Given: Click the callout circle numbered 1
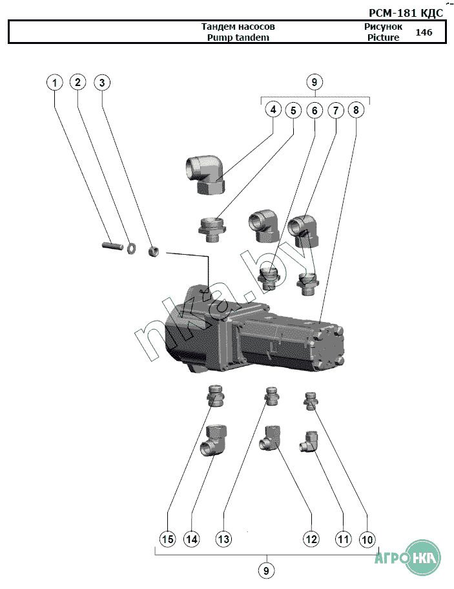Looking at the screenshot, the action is click(55, 83).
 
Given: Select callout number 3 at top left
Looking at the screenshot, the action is click(102, 83).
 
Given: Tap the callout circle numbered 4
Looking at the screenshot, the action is click(273, 110).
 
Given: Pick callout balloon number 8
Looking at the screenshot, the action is click(356, 110).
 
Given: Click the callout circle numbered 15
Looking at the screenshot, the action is click(168, 539).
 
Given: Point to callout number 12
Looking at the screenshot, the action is click(311, 539).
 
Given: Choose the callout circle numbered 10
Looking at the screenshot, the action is click(367, 539).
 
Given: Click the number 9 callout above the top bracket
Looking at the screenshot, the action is click(314, 82).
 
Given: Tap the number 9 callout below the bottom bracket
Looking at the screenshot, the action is click(265, 570).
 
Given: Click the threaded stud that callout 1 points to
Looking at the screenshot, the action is click(112, 246).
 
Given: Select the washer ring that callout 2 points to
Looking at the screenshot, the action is click(132, 247).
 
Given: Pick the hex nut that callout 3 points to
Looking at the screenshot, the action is click(153, 249).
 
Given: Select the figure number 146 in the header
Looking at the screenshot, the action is click(424, 32).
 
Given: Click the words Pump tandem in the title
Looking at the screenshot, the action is click(238, 37).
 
